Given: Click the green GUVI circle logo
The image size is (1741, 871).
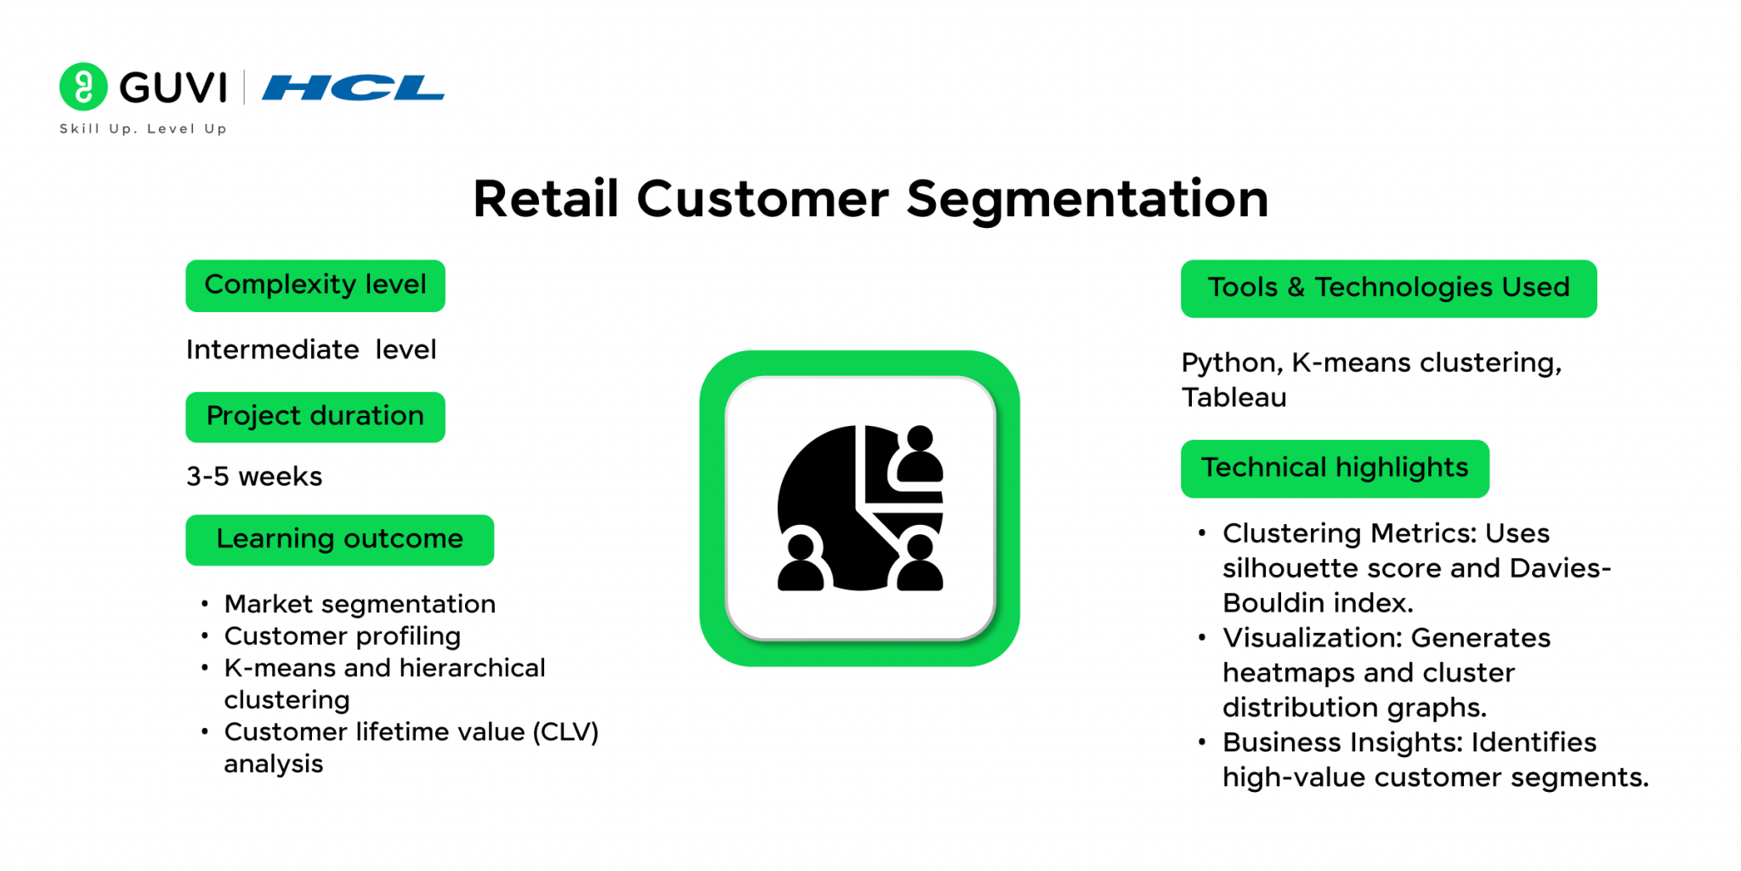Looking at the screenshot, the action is [x=83, y=87].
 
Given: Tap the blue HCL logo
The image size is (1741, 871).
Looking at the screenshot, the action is [x=353, y=88].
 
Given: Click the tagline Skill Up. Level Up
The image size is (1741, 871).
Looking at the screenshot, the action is [x=143, y=128].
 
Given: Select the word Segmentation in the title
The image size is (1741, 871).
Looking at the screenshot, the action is [x=1087, y=200].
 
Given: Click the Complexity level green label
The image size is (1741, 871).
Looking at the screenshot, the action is [x=315, y=286].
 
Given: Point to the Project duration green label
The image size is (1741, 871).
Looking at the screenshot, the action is [x=315, y=417].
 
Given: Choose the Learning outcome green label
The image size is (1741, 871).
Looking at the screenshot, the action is [x=339, y=540].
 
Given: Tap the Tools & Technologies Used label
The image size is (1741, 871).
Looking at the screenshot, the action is [x=1388, y=288].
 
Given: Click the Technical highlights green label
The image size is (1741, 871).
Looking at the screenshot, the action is [x=1335, y=469].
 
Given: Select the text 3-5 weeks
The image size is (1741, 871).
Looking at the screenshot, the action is [x=254, y=476].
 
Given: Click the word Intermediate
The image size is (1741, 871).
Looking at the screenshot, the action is [x=272, y=350].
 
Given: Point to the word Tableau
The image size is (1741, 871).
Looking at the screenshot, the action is [x=1233, y=397].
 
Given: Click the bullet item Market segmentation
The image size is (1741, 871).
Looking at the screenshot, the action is [x=360, y=604].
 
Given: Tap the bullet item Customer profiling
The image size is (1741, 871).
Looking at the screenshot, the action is [x=343, y=636].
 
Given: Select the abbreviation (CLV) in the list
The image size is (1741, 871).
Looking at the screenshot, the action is [x=566, y=732].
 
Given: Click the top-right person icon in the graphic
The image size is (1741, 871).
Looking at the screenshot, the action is [x=919, y=456].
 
